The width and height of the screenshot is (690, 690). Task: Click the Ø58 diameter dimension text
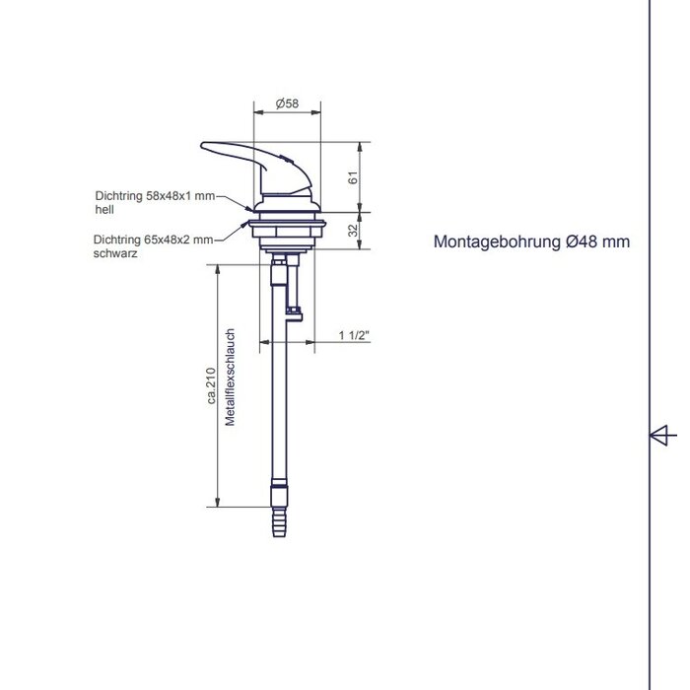288,103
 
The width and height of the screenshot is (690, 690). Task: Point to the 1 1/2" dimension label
353,336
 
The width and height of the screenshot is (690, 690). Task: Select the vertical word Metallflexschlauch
230,378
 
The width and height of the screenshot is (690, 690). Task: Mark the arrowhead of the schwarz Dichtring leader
247,223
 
